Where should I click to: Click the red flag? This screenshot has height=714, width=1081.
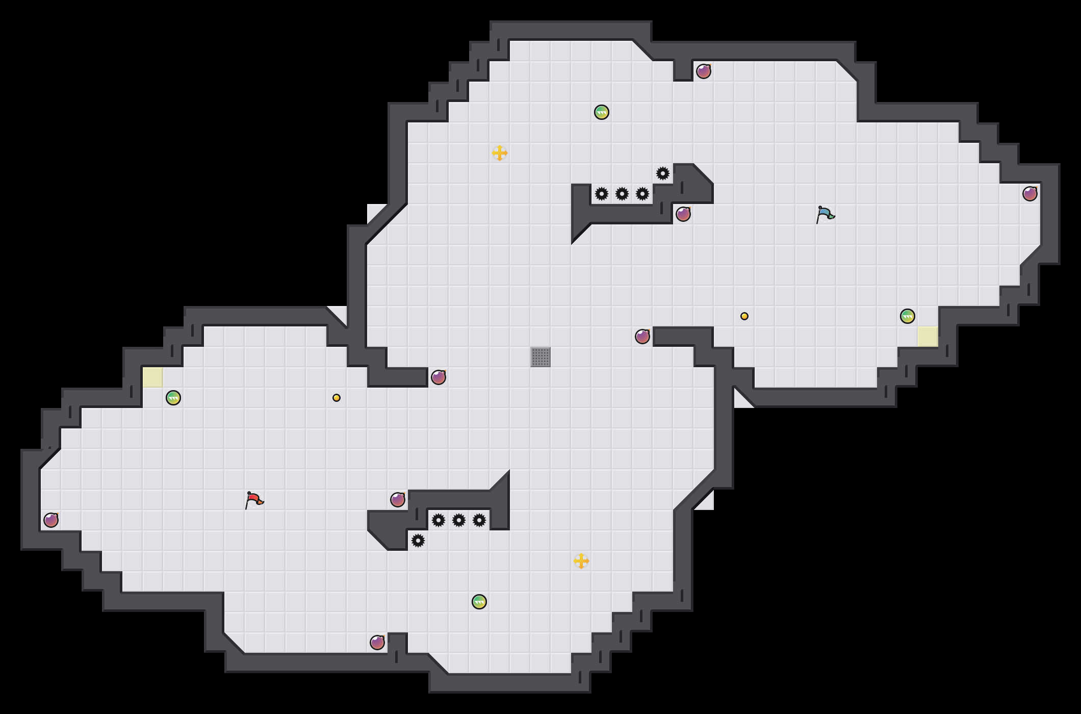point(253,500)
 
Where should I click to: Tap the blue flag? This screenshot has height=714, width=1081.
point(825,214)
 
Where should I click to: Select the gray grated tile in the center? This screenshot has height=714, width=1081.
point(540,357)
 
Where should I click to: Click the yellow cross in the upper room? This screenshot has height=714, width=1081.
point(500,153)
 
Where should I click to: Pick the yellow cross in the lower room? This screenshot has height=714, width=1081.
point(581,561)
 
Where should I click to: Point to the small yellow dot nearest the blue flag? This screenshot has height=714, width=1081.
point(744,316)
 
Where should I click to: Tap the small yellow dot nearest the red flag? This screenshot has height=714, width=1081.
point(337,398)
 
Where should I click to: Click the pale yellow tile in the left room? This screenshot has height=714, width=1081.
point(153,377)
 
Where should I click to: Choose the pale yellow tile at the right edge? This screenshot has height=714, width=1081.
point(928,337)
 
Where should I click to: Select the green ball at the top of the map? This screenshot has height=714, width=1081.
point(602,112)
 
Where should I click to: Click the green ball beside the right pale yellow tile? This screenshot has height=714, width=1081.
point(908,316)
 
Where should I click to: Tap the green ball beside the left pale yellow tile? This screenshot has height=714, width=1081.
point(173,398)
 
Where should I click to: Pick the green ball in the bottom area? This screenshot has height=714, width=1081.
point(479,602)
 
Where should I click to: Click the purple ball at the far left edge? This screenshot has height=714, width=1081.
point(51,520)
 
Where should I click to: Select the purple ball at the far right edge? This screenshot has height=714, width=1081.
point(1030,194)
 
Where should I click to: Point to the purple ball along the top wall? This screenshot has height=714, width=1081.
point(704,71)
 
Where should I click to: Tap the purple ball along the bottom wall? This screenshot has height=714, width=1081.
point(377,643)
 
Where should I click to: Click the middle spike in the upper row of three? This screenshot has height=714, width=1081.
point(622,194)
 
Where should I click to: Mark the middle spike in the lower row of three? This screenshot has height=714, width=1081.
point(459,520)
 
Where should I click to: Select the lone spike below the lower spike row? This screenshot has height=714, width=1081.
point(418,541)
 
